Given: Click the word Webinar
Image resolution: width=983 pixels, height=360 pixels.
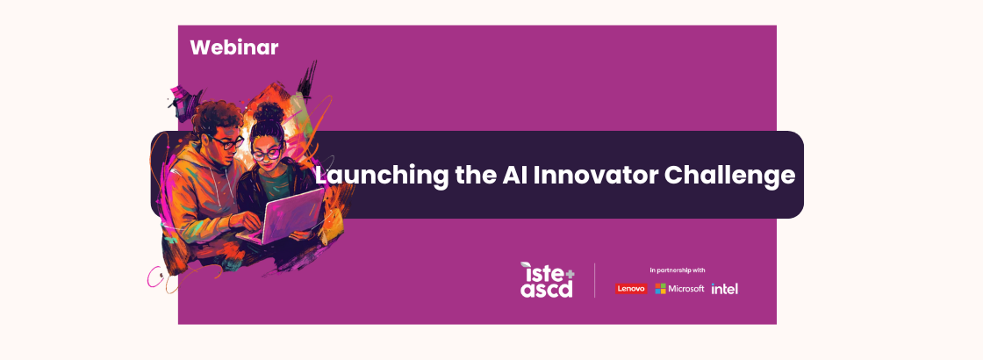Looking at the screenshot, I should coord(233,47).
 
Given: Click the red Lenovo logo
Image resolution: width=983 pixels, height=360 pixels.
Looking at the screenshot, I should coord(631,289).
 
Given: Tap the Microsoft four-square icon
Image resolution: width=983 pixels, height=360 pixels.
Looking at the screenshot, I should coord(660,289).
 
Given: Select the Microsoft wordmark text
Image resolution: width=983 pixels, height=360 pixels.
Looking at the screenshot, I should coord(686,289).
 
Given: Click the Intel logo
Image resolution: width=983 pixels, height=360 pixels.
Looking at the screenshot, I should coord(724,289).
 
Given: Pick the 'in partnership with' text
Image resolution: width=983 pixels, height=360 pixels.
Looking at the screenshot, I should coord(677,270).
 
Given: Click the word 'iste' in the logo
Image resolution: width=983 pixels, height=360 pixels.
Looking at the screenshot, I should coord(539,272).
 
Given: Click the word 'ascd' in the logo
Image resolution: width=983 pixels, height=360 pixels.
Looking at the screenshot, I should coord(546,289).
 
